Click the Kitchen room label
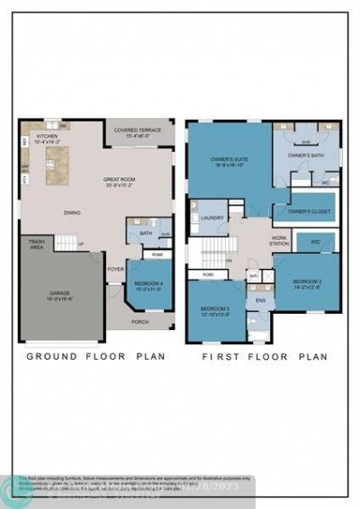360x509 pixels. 44,138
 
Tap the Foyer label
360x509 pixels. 115,268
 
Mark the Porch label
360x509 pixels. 139,320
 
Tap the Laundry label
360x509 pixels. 212,218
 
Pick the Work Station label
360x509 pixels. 275,243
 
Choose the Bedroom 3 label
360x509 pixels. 215,310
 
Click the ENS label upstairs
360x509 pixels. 260,300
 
